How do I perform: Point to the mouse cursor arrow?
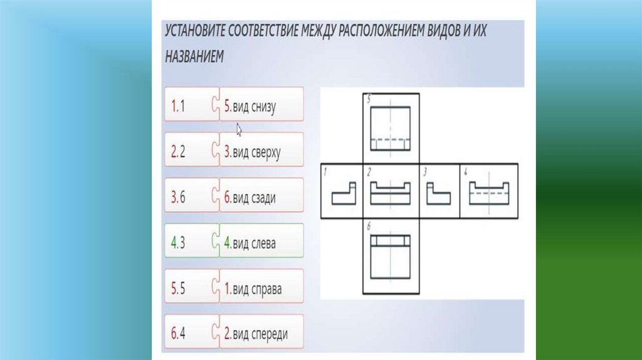point(239,129)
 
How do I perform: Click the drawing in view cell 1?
point(343,194)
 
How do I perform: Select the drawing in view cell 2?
point(391,194)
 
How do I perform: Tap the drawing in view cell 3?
point(439,194)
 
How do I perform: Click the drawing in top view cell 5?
point(391,129)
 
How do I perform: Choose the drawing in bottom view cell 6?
point(391,257)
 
